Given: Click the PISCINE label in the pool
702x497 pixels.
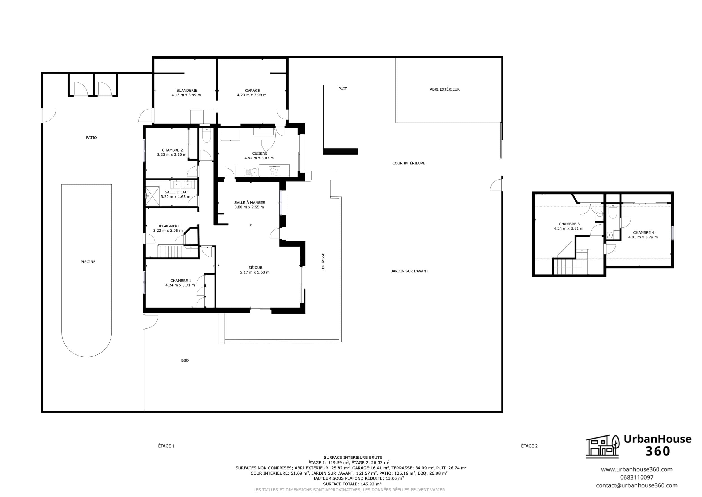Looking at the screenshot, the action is (x=88, y=262).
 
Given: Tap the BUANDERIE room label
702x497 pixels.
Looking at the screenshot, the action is (x=187, y=90).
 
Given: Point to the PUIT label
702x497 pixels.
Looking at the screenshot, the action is (x=343, y=89).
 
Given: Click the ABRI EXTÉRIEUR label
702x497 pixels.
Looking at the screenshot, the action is (x=445, y=89).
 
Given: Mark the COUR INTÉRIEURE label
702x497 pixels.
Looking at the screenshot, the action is (x=409, y=163).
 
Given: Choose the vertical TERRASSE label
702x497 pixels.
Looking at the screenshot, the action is (x=323, y=262).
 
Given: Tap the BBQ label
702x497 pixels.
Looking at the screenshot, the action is (x=185, y=360).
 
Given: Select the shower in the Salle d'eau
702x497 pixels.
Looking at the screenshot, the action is (x=152, y=196).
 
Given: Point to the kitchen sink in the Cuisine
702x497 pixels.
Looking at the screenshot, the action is (x=251, y=172).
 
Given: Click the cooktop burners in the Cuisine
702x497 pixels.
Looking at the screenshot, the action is (x=274, y=172).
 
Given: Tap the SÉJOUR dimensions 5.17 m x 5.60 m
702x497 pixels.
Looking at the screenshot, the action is (x=255, y=272).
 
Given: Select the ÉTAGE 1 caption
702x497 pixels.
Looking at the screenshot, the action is (x=166, y=446).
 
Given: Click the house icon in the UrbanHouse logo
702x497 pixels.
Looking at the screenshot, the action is (x=603, y=446).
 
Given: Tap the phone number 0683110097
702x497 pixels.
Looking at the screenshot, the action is (x=637, y=477).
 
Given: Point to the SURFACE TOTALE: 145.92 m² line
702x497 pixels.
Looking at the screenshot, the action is (x=352, y=484).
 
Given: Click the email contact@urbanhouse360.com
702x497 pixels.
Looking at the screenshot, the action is (x=637, y=485).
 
